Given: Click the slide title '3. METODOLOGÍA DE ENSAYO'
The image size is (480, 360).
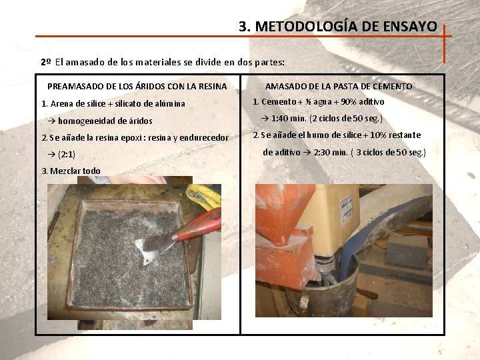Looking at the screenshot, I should point(338,27).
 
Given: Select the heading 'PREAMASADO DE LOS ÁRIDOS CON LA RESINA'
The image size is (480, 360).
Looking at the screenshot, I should point(137,86).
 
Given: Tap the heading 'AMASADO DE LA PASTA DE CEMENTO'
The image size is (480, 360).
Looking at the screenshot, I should point(339,86).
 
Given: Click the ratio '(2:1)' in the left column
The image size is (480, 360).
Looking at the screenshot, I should point(67,154).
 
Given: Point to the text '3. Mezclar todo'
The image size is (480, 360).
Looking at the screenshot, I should point(71,171).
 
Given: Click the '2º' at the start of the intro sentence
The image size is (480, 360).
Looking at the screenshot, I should point(46,62).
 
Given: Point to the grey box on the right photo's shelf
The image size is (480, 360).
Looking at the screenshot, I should point(407,249).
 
